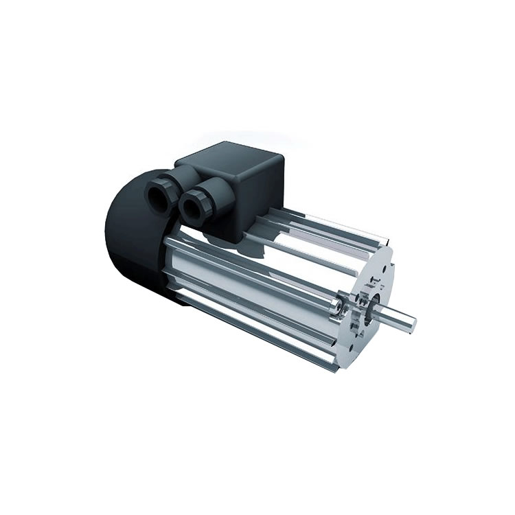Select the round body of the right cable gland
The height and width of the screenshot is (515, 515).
point(201,206)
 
